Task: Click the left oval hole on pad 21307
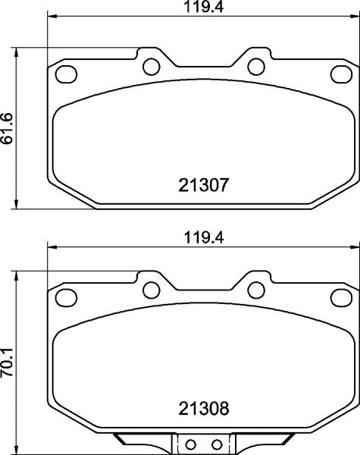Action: (x=67, y=74)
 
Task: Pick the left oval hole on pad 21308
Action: (x=67, y=297)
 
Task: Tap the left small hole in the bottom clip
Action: (x=192, y=444)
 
